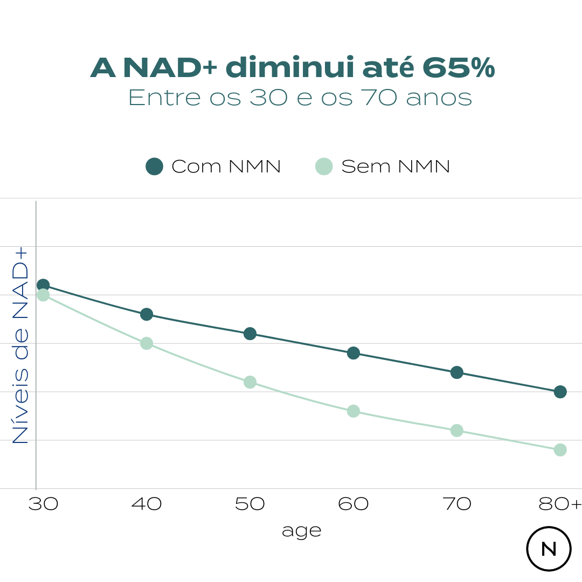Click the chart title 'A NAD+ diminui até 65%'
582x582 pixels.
click(x=292, y=68)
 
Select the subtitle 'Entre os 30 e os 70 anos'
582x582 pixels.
click(x=300, y=98)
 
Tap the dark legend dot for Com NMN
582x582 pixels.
click(x=154, y=167)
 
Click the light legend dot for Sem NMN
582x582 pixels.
click(x=324, y=167)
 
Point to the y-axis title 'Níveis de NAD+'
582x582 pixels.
click(x=20, y=345)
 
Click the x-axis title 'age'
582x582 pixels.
click(x=301, y=531)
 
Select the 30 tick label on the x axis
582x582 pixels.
click(x=43, y=504)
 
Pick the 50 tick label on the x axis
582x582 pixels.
click(x=250, y=504)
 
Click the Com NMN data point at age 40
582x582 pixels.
click(x=147, y=314)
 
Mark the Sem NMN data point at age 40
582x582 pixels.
click(x=147, y=343)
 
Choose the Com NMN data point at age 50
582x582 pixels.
click(x=250, y=334)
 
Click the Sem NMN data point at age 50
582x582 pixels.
click(x=250, y=382)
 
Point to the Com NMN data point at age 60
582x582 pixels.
click(x=354, y=353)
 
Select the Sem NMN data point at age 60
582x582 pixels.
click(x=354, y=411)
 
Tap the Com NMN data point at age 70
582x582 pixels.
click(x=457, y=372)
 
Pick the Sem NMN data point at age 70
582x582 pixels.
click(x=457, y=431)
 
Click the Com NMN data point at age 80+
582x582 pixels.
click(x=560, y=392)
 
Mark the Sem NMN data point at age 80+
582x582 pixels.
click(x=560, y=450)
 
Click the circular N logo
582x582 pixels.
click(x=549, y=549)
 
